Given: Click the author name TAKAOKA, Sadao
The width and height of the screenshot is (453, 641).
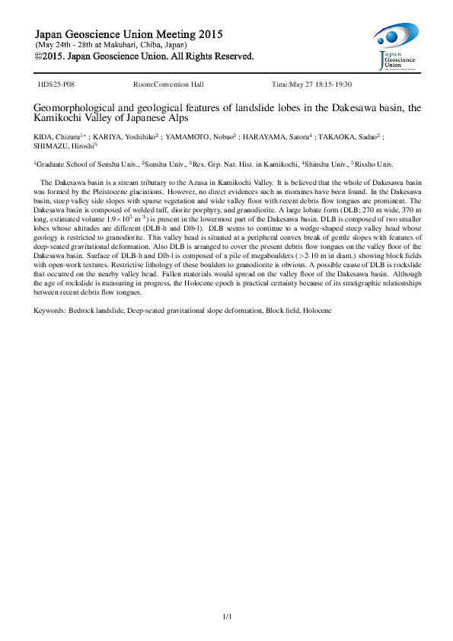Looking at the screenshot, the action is (359, 138).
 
